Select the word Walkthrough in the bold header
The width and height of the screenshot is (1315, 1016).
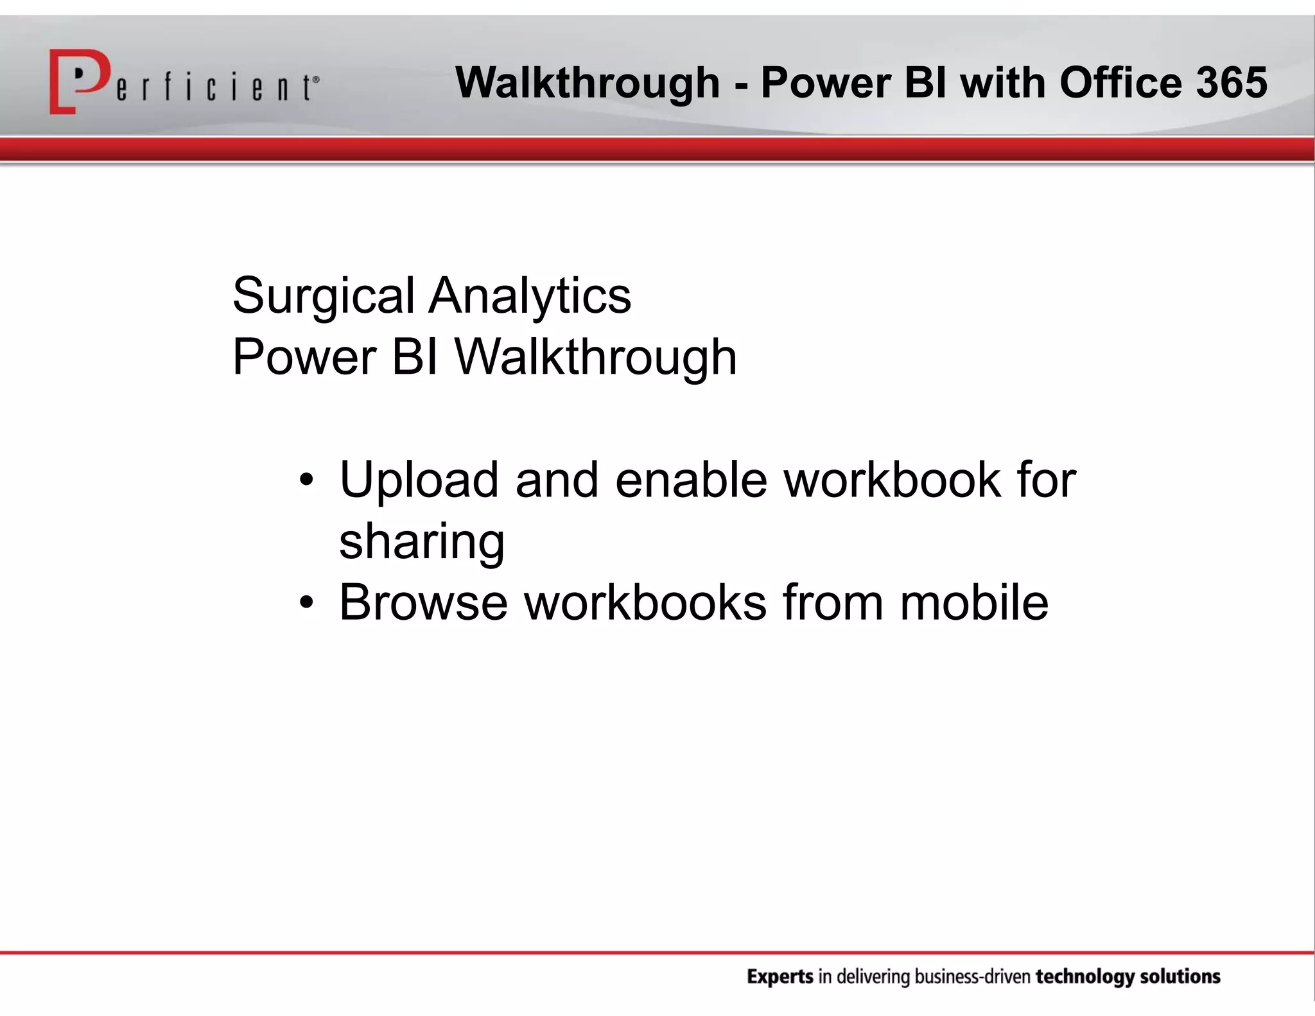(588, 84)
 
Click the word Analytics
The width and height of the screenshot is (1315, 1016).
(530, 296)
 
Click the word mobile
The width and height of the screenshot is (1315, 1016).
(973, 602)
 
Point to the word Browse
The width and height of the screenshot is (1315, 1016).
(423, 602)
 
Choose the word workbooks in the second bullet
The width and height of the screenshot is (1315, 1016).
(645, 602)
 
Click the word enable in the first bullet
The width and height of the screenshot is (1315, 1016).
(691, 480)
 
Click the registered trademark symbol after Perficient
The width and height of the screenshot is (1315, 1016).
(316, 80)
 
